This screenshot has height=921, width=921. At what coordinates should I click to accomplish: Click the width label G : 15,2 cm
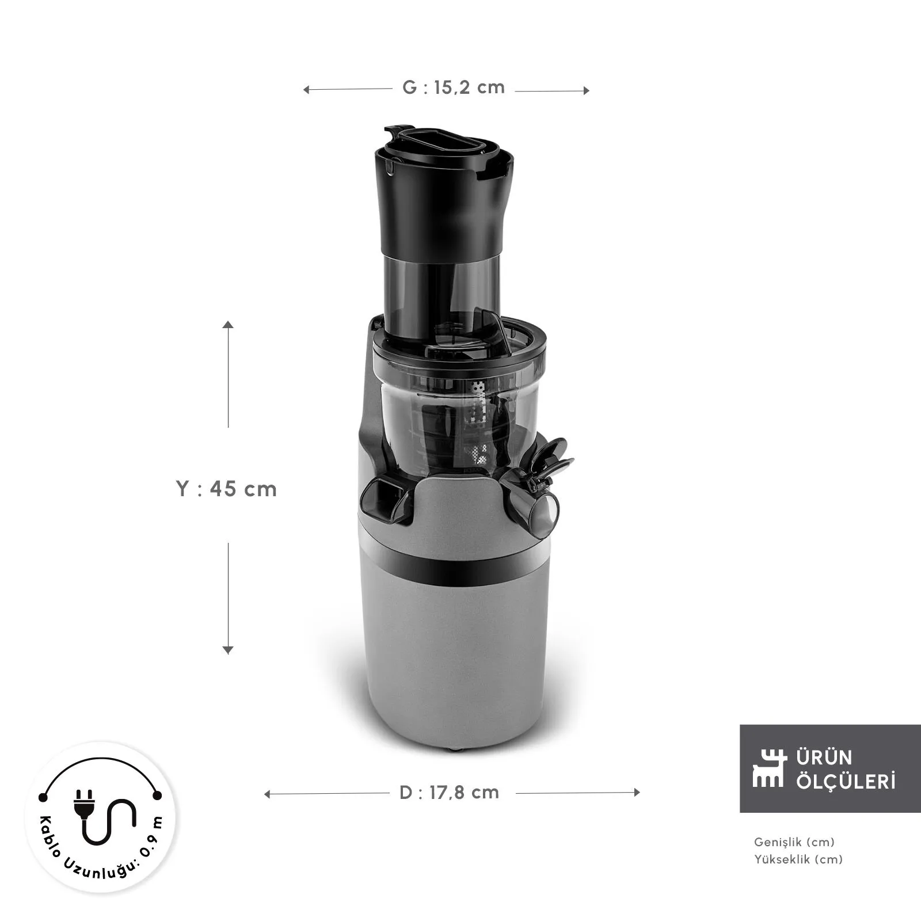pyautogui.click(x=453, y=87)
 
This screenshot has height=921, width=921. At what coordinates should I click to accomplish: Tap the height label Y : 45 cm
pyautogui.click(x=226, y=489)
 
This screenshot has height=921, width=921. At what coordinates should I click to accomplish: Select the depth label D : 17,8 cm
pyautogui.click(x=449, y=793)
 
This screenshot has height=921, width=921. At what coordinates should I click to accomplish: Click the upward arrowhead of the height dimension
pyautogui.click(x=229, y=325)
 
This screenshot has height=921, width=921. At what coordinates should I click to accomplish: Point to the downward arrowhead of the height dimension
pyautogui.click(x=228, y=650)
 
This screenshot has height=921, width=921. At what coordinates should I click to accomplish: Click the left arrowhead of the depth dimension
pyautogui.click(x=267, y=794)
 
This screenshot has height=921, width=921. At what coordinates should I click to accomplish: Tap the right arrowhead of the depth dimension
pyautogui.click(x=636, y=793)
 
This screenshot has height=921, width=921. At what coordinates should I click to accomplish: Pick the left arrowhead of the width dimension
pyautogui.click(x=307, y=90)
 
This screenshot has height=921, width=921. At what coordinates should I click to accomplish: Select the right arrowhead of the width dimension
pyautogui.click(x=586, y=90)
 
